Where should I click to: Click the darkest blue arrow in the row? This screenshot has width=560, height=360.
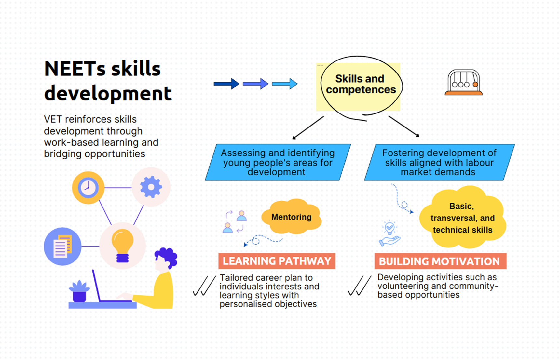(x=226, y=84)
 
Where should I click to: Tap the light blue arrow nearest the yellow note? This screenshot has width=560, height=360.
(x=284, y=84)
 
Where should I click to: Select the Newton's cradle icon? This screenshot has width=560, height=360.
(x=464, y=82)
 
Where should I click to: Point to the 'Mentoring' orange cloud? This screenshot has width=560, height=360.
(x=291, y=217)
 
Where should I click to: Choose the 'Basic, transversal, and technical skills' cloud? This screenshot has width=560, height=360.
(x=462, y=218)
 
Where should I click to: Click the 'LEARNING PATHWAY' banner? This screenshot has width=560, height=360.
(x=277, y=261)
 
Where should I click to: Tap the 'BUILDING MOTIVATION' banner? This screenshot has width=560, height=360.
(x=440, y=261)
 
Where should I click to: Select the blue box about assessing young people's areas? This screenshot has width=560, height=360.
(x=278, y=162)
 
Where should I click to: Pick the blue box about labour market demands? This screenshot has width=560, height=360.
(x=439, y=162)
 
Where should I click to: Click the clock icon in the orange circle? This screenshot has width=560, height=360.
(x=88, y=188)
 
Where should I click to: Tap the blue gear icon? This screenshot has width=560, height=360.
(x=151, y=187)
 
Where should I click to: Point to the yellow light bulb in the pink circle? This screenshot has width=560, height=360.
(x=122, y=245)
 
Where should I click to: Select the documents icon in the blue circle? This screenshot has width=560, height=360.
(x=63, y=246)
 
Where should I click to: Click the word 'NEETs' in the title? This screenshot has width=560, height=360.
(x=75, y=69)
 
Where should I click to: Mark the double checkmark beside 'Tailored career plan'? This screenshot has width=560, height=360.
(x=204, y=286)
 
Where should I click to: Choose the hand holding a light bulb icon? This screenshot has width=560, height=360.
(x=389, y=233)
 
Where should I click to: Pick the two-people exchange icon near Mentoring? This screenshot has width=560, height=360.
(x=235, y=221)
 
